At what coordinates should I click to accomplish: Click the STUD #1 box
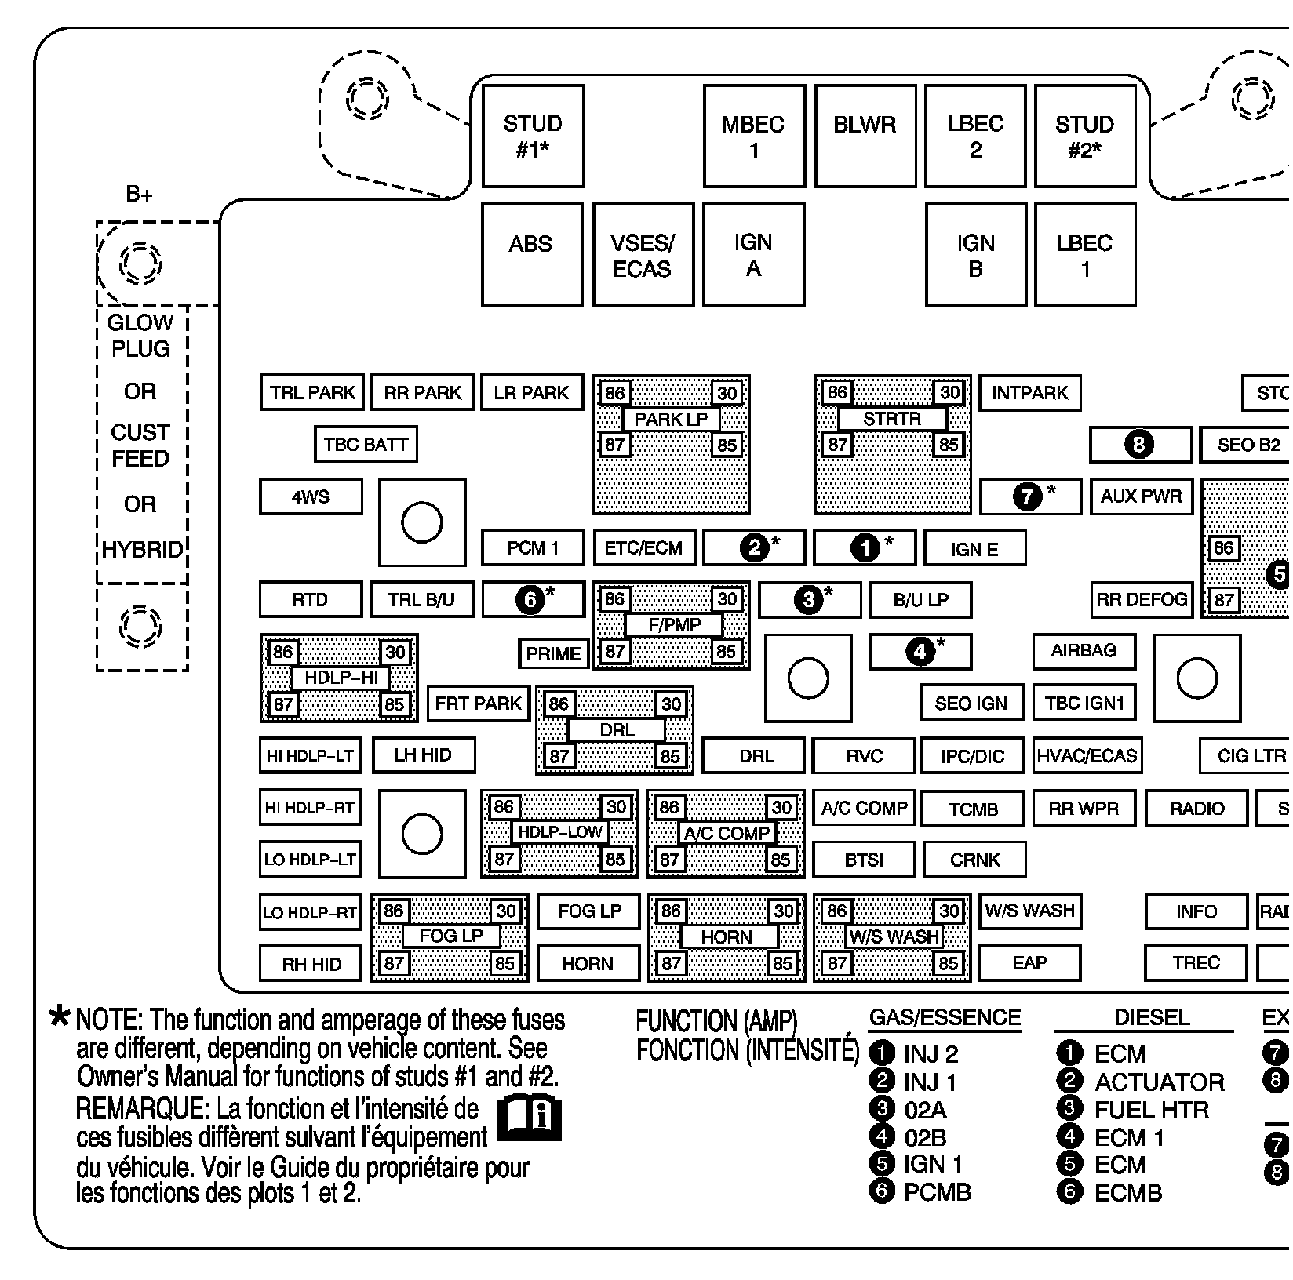click(x=533, y=136)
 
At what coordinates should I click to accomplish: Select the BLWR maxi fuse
click(x=865, y=136)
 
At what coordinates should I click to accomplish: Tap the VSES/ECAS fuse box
click(x=643, y=255)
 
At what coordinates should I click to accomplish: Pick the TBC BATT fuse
click(x=366, y=445)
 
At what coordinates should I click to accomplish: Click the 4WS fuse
click(x=311, y=496)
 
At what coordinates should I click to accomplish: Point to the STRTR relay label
click(x=892, y=419)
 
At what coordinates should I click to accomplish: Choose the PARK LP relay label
click(x=671, y=419)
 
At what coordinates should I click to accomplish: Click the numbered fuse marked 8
click(x=1140, y=445)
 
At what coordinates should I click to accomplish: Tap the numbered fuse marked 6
click(x=533, y=600)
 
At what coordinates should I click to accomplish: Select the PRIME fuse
click(x=553, y=653)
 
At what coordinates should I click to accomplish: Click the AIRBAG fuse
click(x=1084, y=651)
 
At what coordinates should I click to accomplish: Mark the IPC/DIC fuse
click(x=972, y=756)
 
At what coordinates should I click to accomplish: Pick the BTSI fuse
click(x=864, y=860)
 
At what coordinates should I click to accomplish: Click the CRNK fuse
click(x=974, y=860)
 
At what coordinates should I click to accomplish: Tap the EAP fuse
click(x=1029, y=963)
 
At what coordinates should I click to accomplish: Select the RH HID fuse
click(x=311, y=964)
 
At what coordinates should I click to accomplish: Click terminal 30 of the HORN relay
click(x=784, y=911)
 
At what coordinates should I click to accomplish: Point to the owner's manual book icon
click(x=530, y=1118)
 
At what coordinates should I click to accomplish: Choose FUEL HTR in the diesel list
click(x=1151, y=1110)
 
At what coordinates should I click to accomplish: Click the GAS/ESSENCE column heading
click(x=945, y=1017)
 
